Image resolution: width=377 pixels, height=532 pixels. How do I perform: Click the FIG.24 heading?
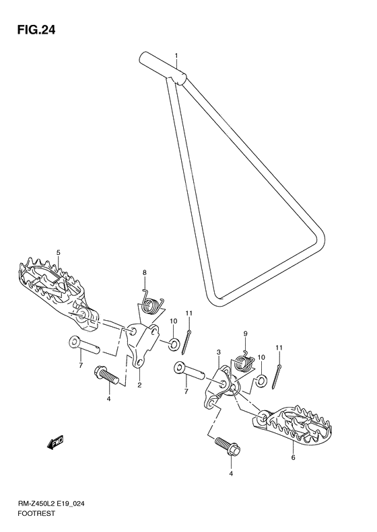click(x=35, y=30)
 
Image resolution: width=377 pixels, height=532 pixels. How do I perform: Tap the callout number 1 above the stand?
click(x=176, y=55)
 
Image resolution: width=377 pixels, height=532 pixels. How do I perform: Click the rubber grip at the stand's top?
click(x=162, y=68)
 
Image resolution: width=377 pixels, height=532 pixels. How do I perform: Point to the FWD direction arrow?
click(x=55, y=442)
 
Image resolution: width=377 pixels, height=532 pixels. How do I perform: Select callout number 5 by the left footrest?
click(x=58, y=252)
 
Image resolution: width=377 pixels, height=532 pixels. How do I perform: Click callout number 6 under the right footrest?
click(x=294, y=458)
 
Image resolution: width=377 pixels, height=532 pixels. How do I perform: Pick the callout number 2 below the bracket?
click(x=139, y=385)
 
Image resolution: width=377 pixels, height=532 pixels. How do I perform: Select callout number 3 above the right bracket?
click(x=218, y=352)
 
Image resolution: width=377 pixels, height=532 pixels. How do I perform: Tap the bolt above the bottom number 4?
click(x=228, y=445)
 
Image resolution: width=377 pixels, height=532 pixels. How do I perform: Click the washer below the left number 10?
click(x=174, y=344)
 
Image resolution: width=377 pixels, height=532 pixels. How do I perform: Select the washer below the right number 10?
click(x=261, y=381)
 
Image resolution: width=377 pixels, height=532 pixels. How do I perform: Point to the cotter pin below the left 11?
click(x=186, y=341)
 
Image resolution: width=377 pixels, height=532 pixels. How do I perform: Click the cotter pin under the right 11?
click(x=276, y=375)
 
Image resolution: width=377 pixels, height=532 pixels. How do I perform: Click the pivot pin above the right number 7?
click(x=190, y=371)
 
